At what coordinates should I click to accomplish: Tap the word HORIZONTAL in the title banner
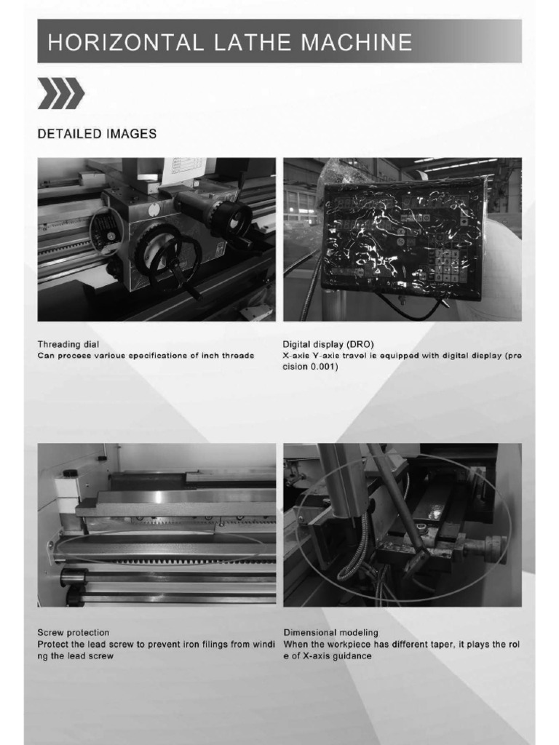click(120, 41)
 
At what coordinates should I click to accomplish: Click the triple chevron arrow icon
click(61, 95)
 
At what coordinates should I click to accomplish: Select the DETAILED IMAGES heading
click(97, 134)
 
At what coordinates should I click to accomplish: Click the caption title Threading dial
click(68, 343)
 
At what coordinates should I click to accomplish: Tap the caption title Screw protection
click(73, 633)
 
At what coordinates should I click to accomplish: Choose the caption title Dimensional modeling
click(330, 633)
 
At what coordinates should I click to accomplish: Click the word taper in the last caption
click(432, 645)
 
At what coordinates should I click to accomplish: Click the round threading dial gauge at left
click(105, 231)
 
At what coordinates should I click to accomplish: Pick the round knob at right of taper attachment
click(496, 549)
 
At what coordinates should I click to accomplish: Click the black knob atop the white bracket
click(70, 473)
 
